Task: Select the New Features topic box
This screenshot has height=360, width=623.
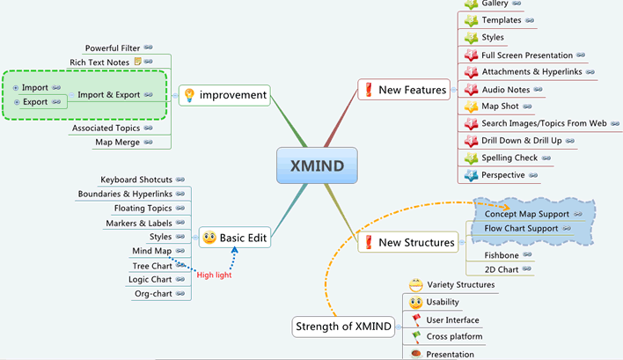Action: pos(404,90)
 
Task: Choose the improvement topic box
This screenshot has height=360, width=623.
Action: pos(224,95)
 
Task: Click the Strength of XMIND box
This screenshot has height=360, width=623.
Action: pos(341,327)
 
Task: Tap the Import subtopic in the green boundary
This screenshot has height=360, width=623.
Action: pos(35,88)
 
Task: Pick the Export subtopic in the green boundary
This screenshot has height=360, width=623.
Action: pos(35,102)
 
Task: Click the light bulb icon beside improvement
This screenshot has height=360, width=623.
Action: pos(187,95)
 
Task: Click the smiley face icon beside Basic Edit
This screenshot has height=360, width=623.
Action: pos(208,237)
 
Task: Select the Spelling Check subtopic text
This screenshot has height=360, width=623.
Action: pos(510,158)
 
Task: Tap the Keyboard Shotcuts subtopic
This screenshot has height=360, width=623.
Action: pos(136,180)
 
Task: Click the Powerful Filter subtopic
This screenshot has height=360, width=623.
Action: pos(113,48)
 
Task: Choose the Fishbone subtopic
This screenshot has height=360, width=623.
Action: pos(502,254)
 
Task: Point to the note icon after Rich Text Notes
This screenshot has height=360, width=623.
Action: pos(137,62)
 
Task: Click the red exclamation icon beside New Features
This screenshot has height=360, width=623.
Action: pos(367,90)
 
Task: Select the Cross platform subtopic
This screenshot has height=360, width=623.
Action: pos(454,336)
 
